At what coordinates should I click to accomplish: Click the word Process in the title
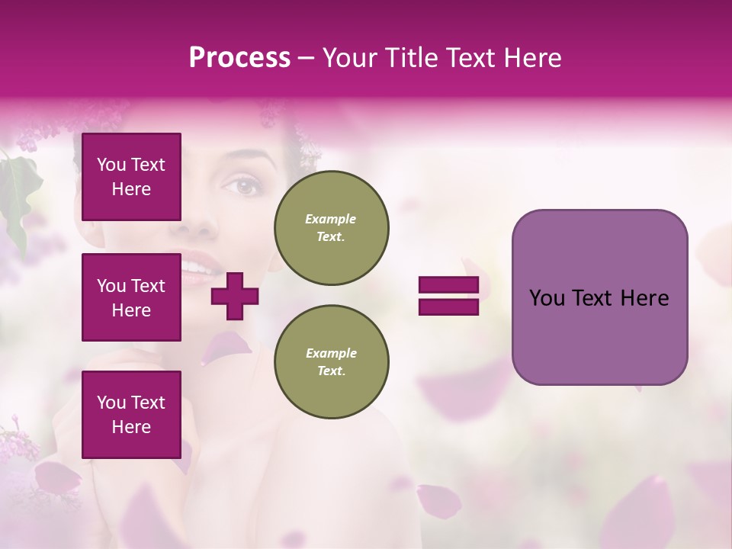tap(239, 58)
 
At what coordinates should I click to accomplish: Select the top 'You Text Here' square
tap(131, 177)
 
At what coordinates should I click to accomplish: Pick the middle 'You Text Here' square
tap(131, 297)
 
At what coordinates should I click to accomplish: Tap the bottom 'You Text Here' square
tap(131, 415)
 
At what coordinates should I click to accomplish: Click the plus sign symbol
tap(234, 296)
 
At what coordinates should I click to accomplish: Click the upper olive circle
tap(331, 228)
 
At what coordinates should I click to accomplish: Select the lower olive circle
tap(331, 362)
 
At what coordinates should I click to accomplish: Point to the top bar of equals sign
tap(448, 285)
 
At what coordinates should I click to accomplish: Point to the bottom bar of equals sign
tap(448, 307)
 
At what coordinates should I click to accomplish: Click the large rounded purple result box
tap(599, 297)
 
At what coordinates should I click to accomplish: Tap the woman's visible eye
tap(246, 185)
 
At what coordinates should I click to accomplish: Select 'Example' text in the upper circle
tap(331, 219)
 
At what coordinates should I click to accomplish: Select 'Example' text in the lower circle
tap(331, 353)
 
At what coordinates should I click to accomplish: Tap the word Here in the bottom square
tap(131, 427)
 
